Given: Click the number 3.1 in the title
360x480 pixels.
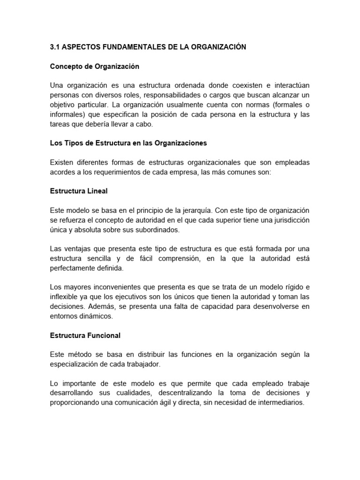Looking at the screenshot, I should (x=54, y=48).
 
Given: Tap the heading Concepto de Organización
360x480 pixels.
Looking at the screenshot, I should (x=95, y=67).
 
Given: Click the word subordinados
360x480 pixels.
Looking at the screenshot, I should (x=158, y=230).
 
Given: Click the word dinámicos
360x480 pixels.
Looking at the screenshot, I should (x=97, y=316).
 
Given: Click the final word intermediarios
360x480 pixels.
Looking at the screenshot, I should (x=278, y=403).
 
